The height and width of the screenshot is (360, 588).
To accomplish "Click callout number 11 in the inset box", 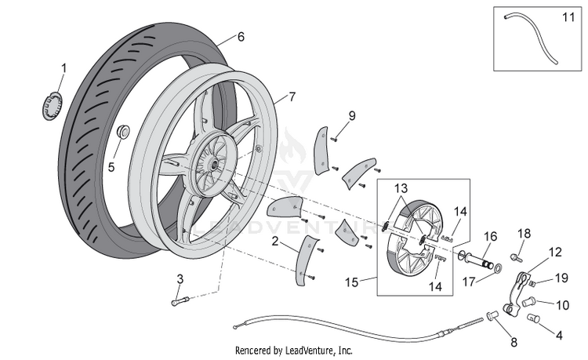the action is tap(568, 17).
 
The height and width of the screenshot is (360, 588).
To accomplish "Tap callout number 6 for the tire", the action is tap(241, 37).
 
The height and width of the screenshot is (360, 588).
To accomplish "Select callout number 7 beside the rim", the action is tap(292, 96).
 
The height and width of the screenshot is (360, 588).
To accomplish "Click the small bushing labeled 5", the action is tap(122, 131).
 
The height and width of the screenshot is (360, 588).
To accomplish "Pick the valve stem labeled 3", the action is tap(181, 301).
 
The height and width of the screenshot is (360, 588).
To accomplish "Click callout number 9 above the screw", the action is tap(351, 116).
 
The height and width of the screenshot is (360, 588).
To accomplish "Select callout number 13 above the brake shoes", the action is tap(401, 188).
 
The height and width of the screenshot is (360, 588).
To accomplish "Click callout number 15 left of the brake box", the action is tap(352, 282).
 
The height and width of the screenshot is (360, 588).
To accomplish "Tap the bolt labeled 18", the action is tap(515, 257).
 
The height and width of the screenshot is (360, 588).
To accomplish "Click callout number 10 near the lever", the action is tap(562, 305).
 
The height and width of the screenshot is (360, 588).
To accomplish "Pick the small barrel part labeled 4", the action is tap(533, 318).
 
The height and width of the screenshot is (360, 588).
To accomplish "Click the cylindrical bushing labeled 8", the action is tap(492, 316).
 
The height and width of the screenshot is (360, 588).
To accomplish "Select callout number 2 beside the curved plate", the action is tap(275, 241).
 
